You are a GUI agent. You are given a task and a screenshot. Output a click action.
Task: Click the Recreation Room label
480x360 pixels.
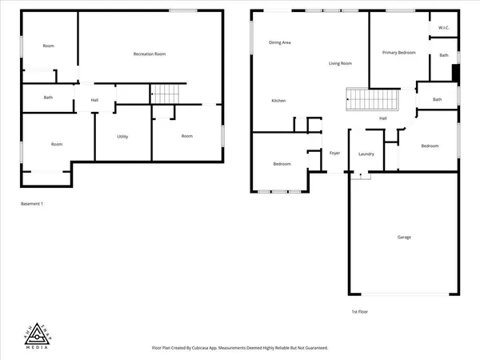pyautogui.click(x=149, y=54)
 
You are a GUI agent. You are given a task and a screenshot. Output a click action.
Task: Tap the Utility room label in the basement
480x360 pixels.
pyautogui.click(x=122, y=136)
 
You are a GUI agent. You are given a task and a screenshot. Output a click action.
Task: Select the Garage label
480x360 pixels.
pyautogui.click(x=405, y=237)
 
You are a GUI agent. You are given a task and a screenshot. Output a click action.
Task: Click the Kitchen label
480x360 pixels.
pyautogui.click(x=278, y=100)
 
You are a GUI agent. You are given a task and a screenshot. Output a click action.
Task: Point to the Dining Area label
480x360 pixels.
pyautogui.click(x=279, y=42)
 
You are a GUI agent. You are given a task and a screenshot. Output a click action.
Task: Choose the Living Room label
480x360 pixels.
pyautogui.click(x=341, y=62)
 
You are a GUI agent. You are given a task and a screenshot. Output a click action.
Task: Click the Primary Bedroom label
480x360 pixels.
pyautogui.click(x=398, y=52)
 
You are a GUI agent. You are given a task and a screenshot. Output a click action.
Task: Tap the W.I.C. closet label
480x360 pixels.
pyautogui.click(x=444, y=28)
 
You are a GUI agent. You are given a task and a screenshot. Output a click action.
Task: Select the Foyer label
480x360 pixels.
pyautogui.click(x=335, y=153)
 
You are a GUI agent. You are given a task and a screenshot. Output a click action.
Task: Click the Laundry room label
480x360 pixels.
pyautogui.click(x=367, y=154)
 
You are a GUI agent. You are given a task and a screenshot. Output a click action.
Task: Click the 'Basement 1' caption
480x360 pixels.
pyautogui.click(x=31, y=204)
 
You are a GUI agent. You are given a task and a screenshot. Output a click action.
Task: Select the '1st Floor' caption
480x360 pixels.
pyautogui.click(x=360, y=311)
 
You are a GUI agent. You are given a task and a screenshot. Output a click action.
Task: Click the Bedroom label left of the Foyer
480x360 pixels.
pyautogui.click(x=282, y=164)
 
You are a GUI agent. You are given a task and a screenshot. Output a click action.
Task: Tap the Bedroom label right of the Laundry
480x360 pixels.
pyautogui.click(x=430, y=146)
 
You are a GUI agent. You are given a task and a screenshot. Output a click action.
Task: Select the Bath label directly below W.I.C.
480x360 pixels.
pyautogui.click(x=444, y=55)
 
